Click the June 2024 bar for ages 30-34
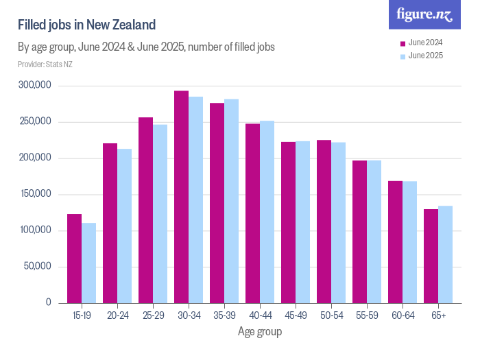(181, 197)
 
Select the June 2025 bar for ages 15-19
(88, 263)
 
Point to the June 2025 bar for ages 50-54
(338, 222)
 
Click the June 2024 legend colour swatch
(403, 43)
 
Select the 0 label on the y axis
(49, 302)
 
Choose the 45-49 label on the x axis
(296, 315)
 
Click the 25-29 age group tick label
(153, 315)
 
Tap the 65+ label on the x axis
(438, 315)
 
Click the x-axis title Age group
(260, 332)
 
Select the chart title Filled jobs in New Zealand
(87, 25)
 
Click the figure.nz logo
(424, 14)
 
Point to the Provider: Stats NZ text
(45, 64)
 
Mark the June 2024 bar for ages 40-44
(252, 213)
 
